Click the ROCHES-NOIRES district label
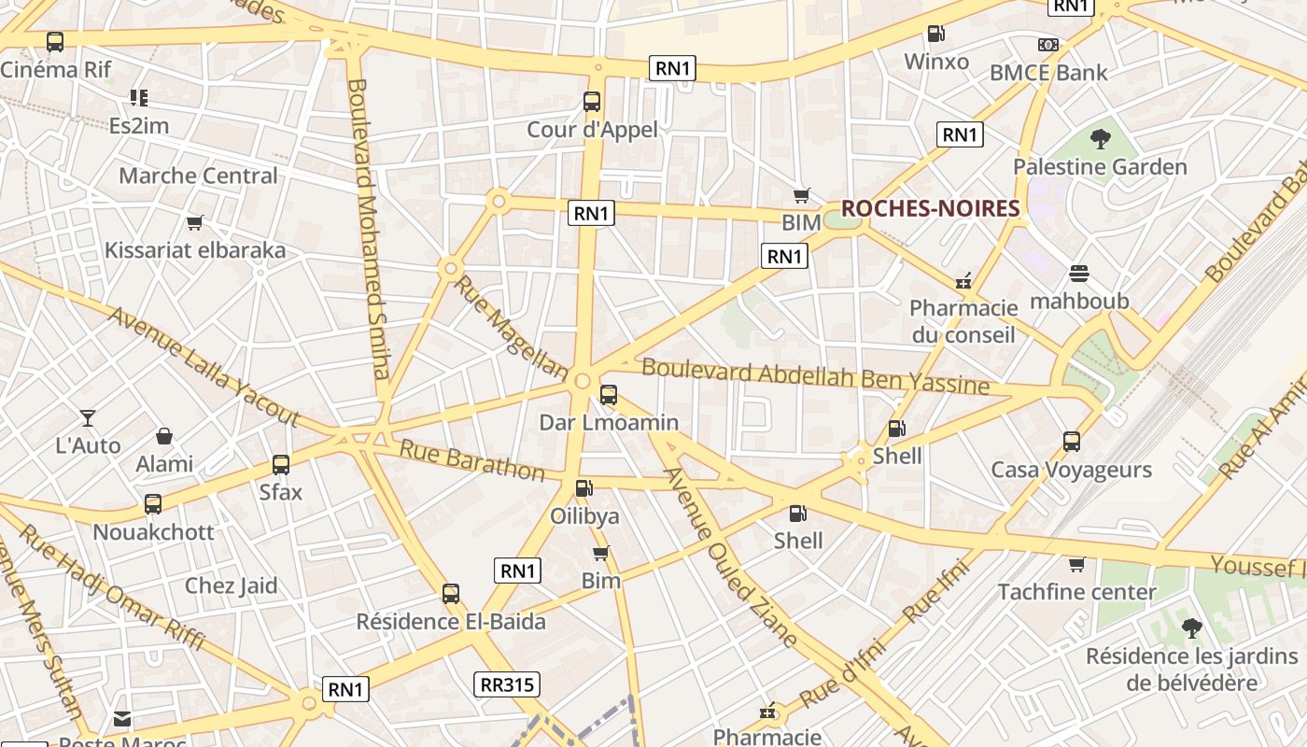(x=930, y=208)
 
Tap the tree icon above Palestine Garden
(x=1101, y=140)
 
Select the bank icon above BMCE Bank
(x=1048, y=45)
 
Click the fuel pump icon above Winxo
(x=935, y=35)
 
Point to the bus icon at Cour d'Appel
(x=592, y=102)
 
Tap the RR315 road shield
(x=507, y=684)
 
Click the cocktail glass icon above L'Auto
(x=88, y=417)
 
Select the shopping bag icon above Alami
(x=164, y=436)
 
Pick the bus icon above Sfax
(x=281, y=464)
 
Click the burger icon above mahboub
(x=1079, y=274)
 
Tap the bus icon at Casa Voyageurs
(x=1072, y=442)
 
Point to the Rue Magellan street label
(x=510, y=327)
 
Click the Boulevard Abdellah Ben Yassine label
(x=815, y=376)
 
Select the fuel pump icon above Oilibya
(x=584, y=487)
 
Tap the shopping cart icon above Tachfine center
(x=1076, y=564)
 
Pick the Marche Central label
(x=198, y=176)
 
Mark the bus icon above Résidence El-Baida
(x=451, y=594)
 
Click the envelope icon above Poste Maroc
(x=122, y=719)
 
